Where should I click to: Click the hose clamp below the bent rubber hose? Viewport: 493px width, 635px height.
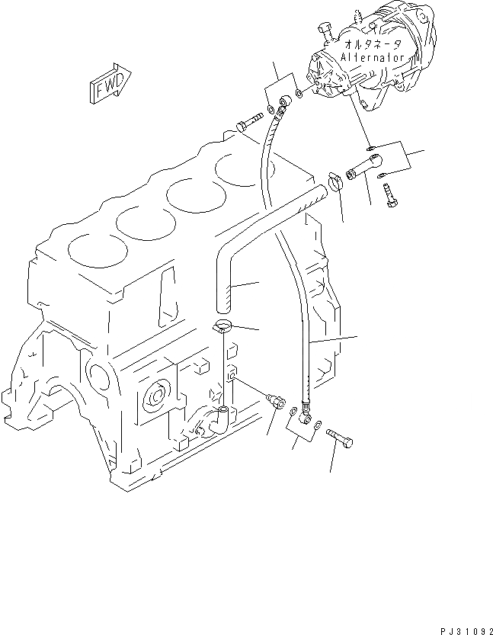(223, 328)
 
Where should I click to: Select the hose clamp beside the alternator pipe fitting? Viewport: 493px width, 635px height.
(334, 181)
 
